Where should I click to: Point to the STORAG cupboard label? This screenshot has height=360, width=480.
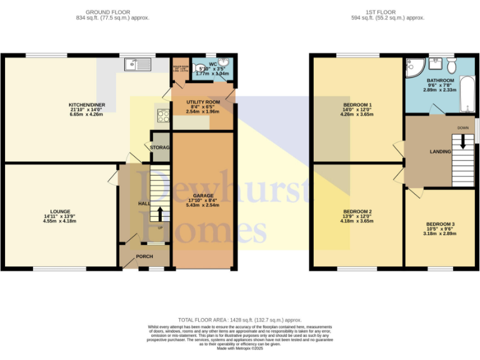coord(159,147)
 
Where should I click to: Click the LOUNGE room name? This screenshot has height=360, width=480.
coord(61,211)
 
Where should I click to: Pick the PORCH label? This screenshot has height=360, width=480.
coord(144,256)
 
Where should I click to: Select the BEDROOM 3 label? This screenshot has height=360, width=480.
coord(440,224)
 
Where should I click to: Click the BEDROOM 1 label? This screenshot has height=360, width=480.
coord(357,104)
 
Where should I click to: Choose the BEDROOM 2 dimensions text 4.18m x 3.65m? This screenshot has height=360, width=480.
coord(356,221)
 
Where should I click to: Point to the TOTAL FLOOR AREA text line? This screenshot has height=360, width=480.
coord(239,319)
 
